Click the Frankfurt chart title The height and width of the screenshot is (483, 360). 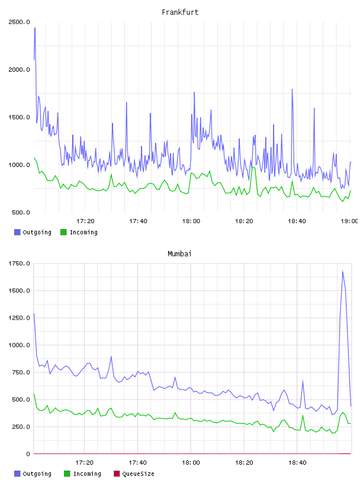pos(180,12)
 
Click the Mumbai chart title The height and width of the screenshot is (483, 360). pos(179,253)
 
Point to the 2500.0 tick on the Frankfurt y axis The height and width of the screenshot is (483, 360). pos(19,22)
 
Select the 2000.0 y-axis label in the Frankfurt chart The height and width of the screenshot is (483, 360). pos(19,70)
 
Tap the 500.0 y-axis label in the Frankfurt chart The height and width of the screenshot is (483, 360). pos(21,212)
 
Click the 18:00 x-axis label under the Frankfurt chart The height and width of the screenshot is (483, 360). pos(191,221)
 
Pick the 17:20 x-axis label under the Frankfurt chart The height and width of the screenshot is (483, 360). pos(85,221)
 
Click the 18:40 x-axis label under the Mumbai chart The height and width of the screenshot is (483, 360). pos(297,462)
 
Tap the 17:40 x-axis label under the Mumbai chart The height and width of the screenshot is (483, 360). pos(137,462)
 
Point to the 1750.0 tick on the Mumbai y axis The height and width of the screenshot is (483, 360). pos(19,263)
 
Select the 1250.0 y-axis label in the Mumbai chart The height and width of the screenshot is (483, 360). pos(19,318)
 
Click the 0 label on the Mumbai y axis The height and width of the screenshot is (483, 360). pos(28,454)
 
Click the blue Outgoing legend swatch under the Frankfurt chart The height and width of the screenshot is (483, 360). pos(17,232)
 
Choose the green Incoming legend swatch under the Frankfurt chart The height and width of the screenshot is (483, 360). pos(63,232)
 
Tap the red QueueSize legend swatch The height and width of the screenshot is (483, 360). pos(117,474)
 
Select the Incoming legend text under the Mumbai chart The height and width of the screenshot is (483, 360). pos(87,474)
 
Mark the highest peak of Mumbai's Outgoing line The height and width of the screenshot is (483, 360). pos(343,271)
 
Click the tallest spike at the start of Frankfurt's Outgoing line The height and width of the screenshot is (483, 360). pos(35,28)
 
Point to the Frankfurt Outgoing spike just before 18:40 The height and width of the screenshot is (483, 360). pos(292,89)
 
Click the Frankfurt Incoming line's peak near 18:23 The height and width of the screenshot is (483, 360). pos(253,168)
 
